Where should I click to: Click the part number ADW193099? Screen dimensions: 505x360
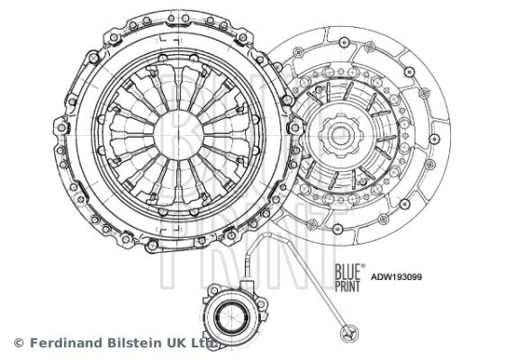point(396,277)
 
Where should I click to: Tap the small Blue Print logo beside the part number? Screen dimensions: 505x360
point(348,277)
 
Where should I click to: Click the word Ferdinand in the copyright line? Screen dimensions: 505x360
point(67,343)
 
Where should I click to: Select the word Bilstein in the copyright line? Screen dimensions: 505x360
point(135,343)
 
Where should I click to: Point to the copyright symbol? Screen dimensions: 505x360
point(19,343)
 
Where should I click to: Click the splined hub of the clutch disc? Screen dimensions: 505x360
point(341,136)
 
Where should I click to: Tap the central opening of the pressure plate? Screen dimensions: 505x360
point(178,136)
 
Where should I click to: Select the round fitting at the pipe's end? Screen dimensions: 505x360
point(348,333)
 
